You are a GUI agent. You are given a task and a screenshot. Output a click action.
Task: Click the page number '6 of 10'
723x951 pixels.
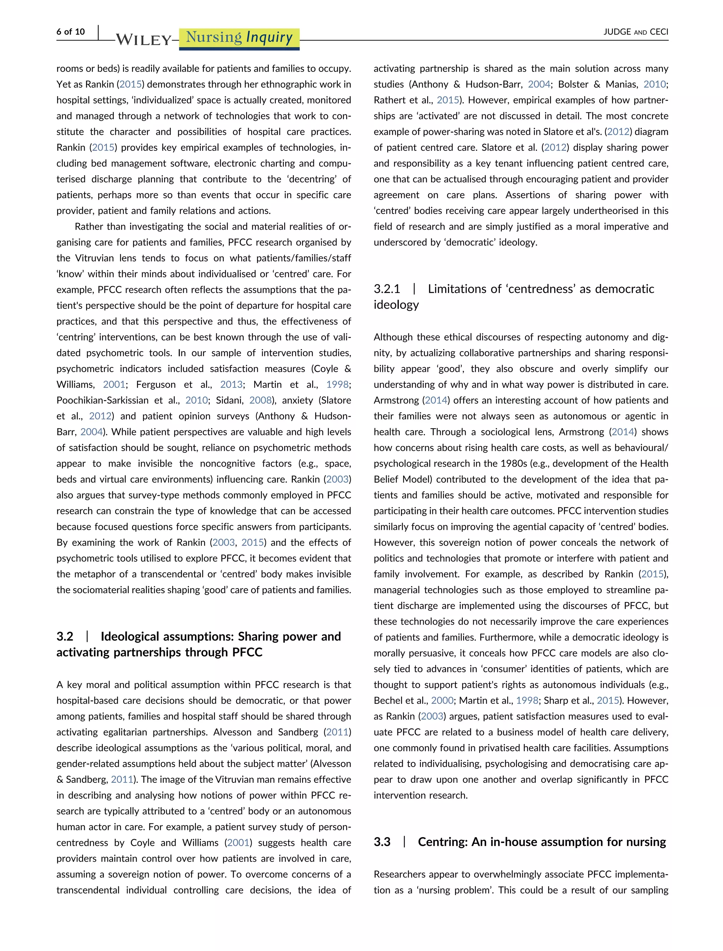click(71, 31)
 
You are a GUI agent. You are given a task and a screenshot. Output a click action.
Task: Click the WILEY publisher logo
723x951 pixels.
click(144, 40)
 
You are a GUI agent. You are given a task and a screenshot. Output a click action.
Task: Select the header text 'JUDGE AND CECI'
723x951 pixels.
click(636, 32)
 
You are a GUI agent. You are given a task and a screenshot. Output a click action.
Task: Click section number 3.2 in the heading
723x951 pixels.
click(65, 637)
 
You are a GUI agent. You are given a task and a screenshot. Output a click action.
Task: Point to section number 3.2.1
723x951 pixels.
click(387, 289)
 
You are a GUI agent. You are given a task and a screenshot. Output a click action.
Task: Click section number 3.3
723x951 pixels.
click(382, 842)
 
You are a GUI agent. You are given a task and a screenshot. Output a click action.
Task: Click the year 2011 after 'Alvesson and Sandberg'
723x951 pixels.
click(337, 732)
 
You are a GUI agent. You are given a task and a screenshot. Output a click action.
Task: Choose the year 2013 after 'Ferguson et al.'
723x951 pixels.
click(232, 385)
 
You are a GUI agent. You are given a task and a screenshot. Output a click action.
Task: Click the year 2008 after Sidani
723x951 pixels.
click(261, 401)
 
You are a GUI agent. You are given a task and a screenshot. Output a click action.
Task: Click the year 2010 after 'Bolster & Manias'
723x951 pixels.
click(655, 84)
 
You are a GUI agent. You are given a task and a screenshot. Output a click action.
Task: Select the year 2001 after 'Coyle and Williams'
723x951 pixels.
click(238, 843)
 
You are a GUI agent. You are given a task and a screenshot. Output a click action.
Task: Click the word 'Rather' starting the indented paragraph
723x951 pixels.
click(88, 226)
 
